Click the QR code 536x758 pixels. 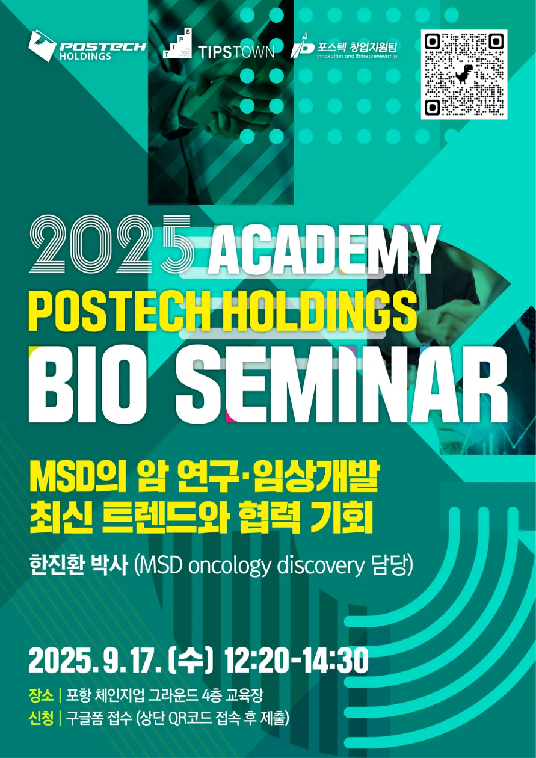[464, 75]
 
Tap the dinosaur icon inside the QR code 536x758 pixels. [464, 73]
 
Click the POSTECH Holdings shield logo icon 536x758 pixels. [42, 46]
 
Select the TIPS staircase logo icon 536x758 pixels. [177, 43]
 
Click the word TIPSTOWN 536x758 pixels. [236, 52]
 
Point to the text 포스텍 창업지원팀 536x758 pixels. [357, 47]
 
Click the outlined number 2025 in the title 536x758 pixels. [112, 244]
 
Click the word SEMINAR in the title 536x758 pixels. [341, 385]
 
